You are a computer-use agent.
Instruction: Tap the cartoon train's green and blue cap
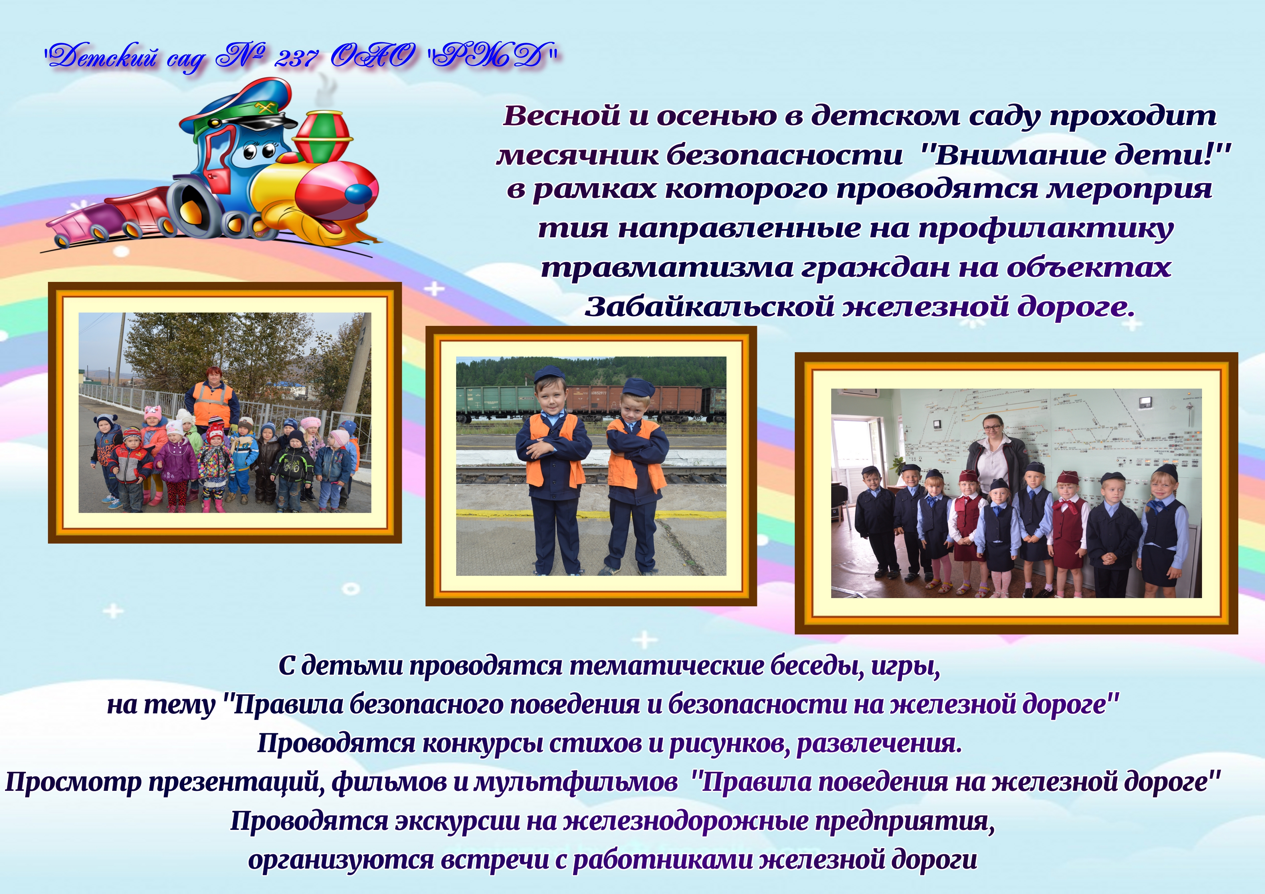click(x=237, y=107)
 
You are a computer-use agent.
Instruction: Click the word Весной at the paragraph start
click(x=561, y=116)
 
